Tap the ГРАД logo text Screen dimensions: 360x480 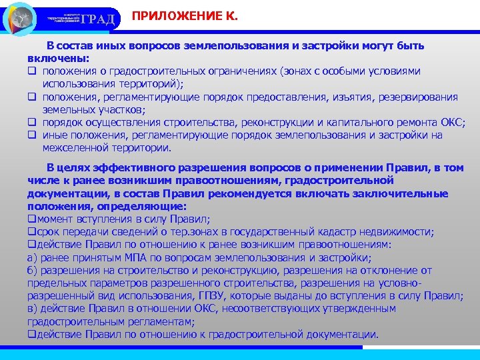[101, 19]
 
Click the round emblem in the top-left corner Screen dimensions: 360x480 [21, 18]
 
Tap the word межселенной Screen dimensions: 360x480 [71, 148]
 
